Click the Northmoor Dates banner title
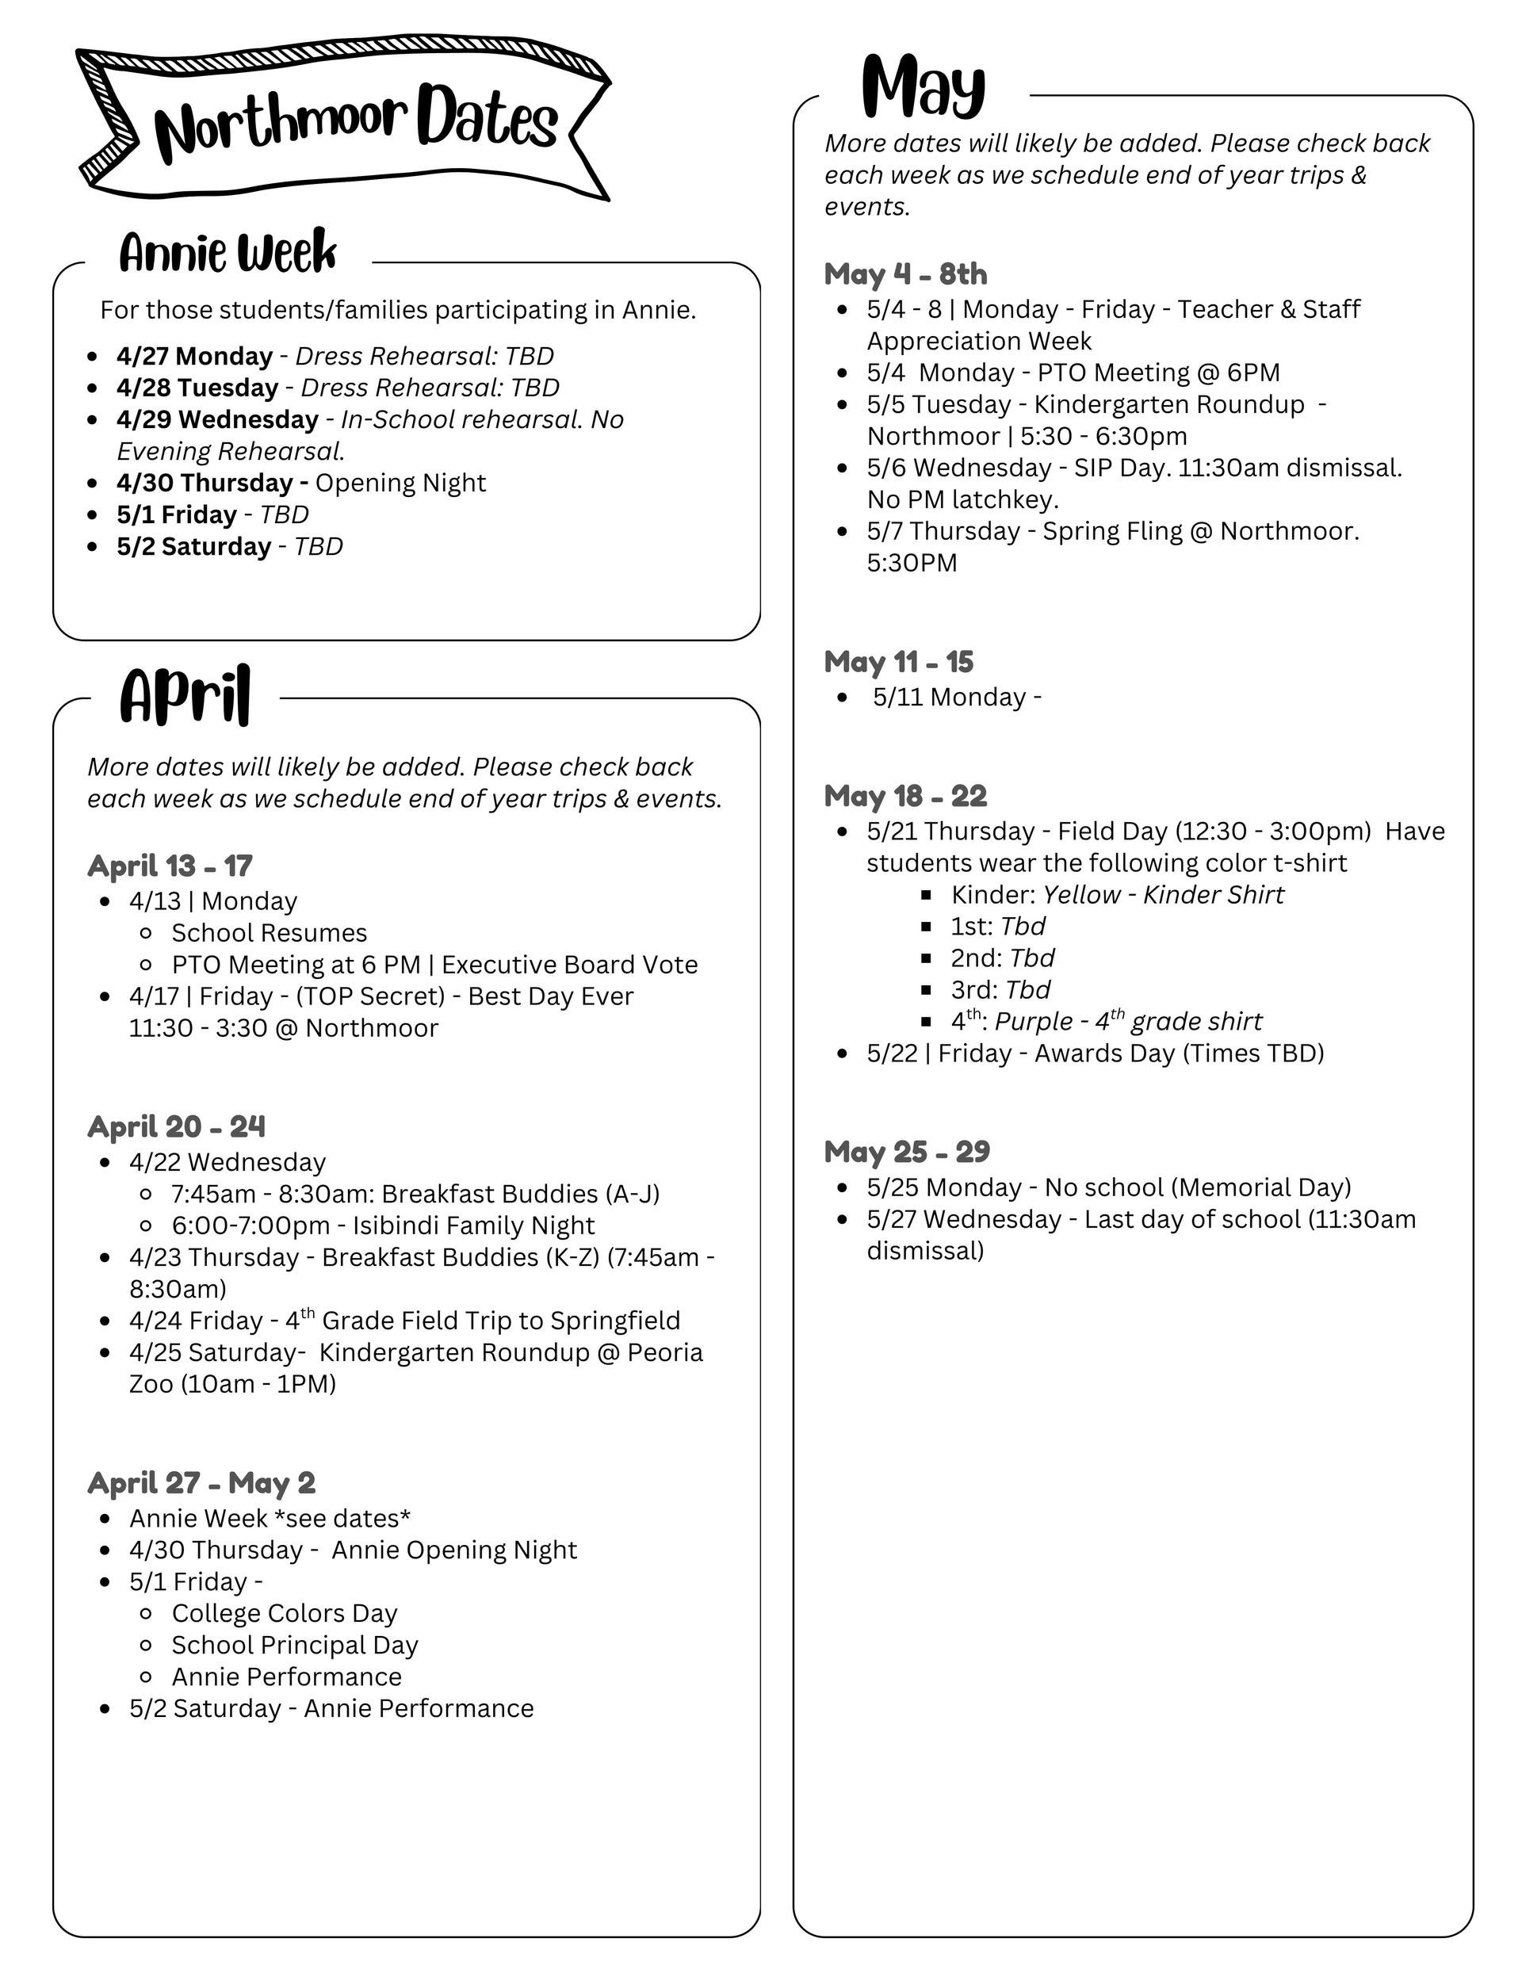355,123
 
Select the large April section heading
185,696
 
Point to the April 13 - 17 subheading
170,866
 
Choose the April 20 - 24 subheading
176,1126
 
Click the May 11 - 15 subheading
898,662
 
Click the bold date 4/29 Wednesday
217,419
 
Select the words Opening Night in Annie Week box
400,484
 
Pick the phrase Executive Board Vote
569,965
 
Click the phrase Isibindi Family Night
473,1225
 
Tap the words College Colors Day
284,1613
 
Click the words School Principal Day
295,1645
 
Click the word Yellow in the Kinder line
1081,894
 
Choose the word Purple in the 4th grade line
1034,1022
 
